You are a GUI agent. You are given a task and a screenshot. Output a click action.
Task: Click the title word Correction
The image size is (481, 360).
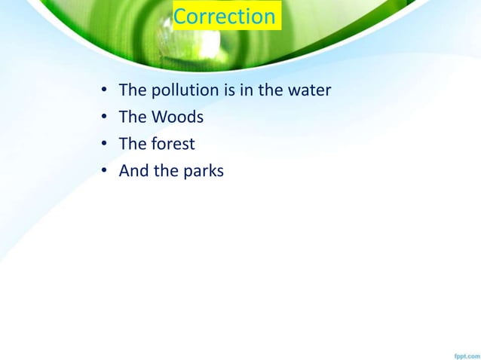tap(225, 17)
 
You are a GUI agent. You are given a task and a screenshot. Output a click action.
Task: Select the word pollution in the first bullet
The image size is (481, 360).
tap(184, 91)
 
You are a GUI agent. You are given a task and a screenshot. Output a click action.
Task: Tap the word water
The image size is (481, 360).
tap(309, 91)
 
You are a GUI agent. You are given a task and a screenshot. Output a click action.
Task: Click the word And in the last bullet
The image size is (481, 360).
tap(134, 172)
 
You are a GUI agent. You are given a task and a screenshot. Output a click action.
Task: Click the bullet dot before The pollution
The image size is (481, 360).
tap(104, 92)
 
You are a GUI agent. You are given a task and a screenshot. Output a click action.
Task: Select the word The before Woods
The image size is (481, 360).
tap(133, 118)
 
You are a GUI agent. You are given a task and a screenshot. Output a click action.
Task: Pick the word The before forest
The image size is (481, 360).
tap(133, 145)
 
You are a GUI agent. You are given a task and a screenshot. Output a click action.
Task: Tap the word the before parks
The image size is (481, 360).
tap(165, 172)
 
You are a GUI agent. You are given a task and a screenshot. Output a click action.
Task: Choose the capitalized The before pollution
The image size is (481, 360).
tap(133, 91)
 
